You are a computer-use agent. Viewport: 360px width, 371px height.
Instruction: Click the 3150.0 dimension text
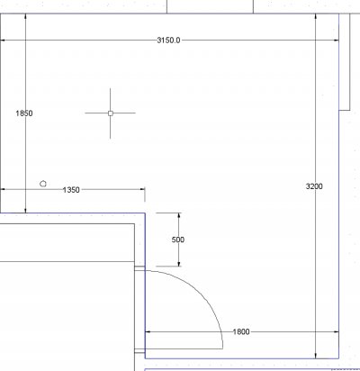click(168, 41)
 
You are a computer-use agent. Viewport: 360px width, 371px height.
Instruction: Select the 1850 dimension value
click(24, 113)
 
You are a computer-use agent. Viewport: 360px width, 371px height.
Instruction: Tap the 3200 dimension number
click(314, 186)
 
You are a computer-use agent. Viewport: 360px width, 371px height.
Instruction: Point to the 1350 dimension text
click(71, 190)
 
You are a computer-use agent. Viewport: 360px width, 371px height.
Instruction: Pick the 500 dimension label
click(178, 240)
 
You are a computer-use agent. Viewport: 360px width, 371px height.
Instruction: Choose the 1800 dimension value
click(241, 332)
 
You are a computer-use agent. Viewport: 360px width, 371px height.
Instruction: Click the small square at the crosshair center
click(111, 113)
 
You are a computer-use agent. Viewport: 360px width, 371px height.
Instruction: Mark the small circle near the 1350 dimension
click(43, 184)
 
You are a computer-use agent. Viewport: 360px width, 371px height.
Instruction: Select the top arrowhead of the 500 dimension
click(179, 215)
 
